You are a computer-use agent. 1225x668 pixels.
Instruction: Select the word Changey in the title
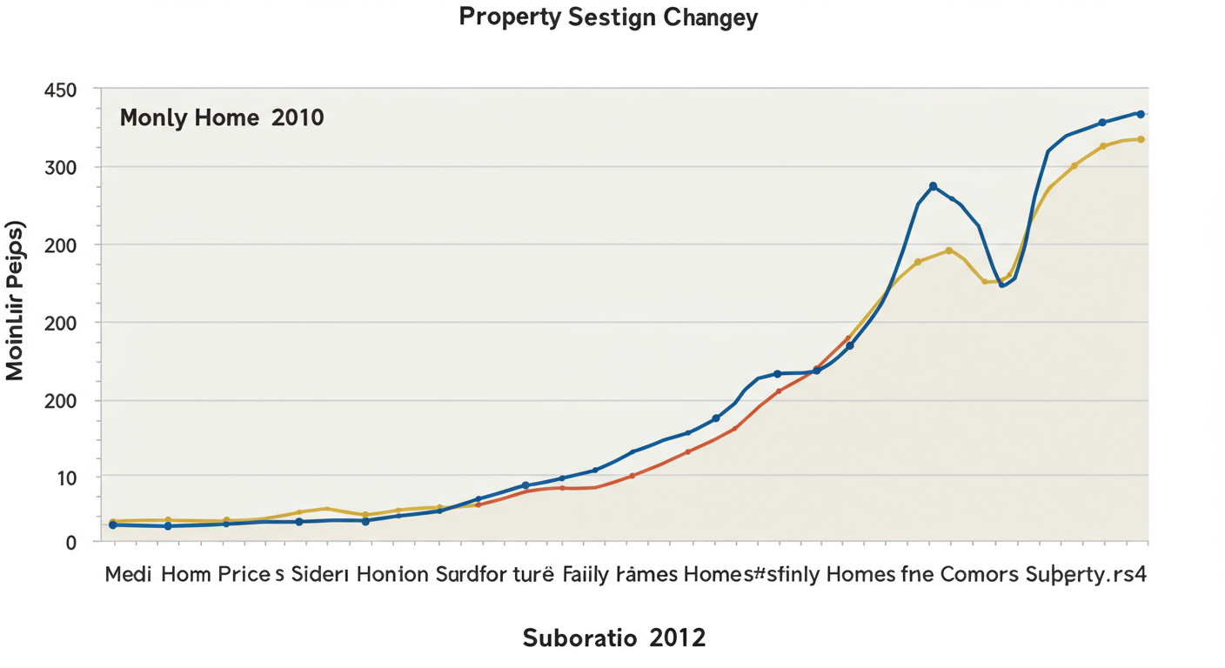coord(710,18)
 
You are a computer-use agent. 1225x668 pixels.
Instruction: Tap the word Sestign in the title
coord(608,18)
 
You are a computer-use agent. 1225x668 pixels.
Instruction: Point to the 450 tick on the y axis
coord(60,90)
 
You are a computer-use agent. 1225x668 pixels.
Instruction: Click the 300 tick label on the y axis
coord(60,167)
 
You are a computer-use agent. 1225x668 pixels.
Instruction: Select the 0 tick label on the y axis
coord(71,542)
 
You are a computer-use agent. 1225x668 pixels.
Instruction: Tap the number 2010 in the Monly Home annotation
coord(298,117)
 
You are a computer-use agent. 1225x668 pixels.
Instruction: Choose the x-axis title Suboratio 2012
coord(613,638)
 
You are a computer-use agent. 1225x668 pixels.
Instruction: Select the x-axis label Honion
coord(392,575)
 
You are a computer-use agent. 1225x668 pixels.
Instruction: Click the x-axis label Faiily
coord(586,575)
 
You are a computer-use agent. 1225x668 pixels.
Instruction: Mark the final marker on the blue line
coord(1140,114)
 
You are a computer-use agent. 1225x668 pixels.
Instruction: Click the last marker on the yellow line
coord(1140,139)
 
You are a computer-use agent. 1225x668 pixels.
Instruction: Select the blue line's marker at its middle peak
coord(933,186)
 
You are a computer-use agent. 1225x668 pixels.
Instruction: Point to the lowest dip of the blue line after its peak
coord(1001,284)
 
